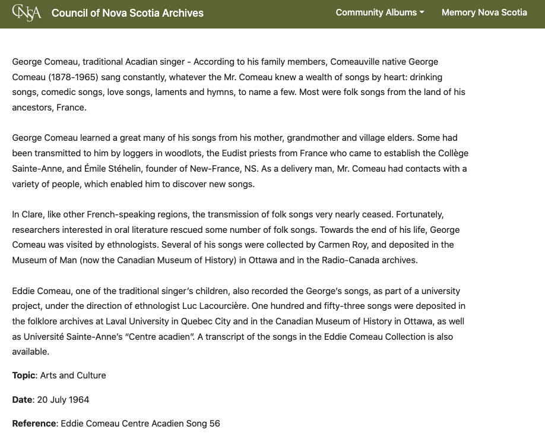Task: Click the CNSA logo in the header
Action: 27,12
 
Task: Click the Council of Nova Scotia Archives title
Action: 127,13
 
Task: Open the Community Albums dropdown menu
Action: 380,12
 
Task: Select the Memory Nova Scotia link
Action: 484,12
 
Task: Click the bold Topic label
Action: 24,375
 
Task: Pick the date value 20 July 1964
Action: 63,400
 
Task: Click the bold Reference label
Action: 34,424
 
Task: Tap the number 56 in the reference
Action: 214,424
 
